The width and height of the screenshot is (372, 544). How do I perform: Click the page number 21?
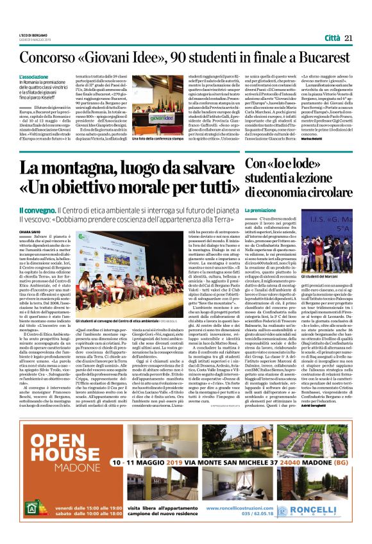coord(349,38)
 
